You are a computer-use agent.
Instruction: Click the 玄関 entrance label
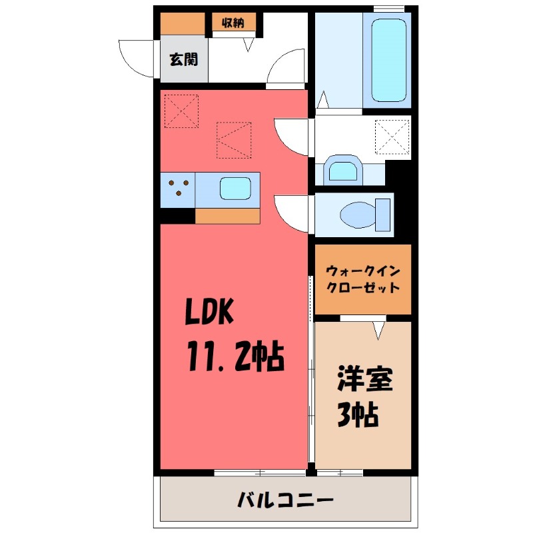click(183, 59)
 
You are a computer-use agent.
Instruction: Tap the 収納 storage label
click(232, 23)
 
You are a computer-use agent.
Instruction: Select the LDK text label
click(209, 312)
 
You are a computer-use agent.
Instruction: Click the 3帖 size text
click(356, 415)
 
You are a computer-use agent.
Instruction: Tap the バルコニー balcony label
click(285, 499)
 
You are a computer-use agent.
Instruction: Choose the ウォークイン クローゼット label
click(363, 280)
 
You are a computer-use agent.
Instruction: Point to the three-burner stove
click(178, 188)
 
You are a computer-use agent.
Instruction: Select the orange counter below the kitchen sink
click(227, 216)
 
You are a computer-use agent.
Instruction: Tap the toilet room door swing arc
click(292, 213)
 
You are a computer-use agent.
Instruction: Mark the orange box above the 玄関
click(182, 23)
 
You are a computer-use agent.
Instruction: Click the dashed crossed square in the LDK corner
click(181, 110)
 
